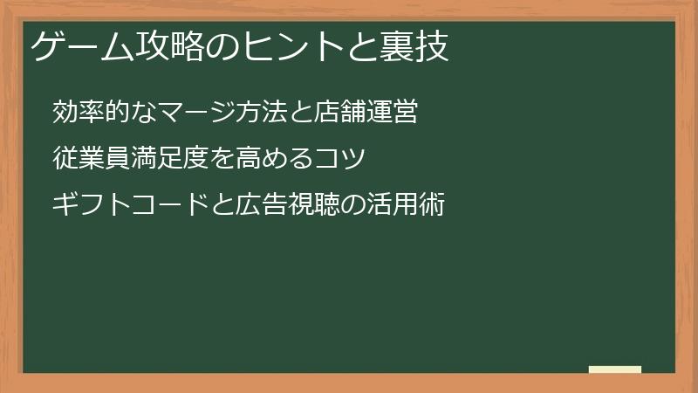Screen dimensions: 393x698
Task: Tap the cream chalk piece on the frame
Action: (x=614, y=369)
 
